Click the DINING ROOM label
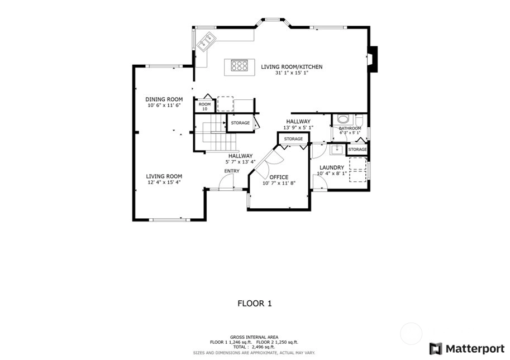coord(164,99)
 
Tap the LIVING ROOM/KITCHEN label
coord(292,66)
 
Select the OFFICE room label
coord(279,177)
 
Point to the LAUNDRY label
coord(332,167)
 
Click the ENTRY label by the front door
coord(232,171)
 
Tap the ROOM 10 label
coord(205,107)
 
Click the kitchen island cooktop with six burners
coord(239,65)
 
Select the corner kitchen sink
coord(207,41)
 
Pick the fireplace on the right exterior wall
coord(373,59)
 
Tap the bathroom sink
coord(343,119)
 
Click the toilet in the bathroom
coord(359,121)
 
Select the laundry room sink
coord(337,150)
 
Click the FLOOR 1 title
coord(255,304)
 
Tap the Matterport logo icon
coord(436,349)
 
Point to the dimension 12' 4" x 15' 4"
coord(164,183)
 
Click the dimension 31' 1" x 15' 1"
coord(292,73)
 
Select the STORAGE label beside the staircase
coord(240,123)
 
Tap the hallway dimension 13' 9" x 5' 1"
coord(298,128)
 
